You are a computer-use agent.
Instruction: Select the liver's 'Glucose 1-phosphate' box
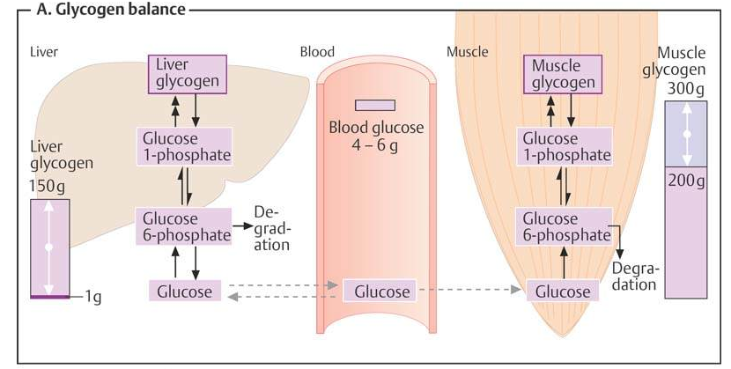click(x=185, y=146)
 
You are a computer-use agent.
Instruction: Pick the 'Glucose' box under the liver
click(x=185, y=292)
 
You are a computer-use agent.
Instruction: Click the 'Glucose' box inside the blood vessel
click(x=376, y=292)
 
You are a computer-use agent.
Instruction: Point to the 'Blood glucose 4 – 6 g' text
click(x=376, y=136)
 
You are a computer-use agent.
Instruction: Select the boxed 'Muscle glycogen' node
click(x=567, y=73)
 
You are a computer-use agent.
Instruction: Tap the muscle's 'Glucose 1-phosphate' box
click(x=566, y=146)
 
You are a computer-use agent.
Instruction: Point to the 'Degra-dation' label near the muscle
click(x=635, y=276)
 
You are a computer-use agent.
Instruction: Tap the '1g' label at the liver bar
click(x=93, y=298)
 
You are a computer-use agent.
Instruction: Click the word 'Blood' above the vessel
click(x=318, y=52)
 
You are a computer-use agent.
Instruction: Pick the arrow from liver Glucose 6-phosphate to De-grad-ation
click(x=240, y=227)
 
